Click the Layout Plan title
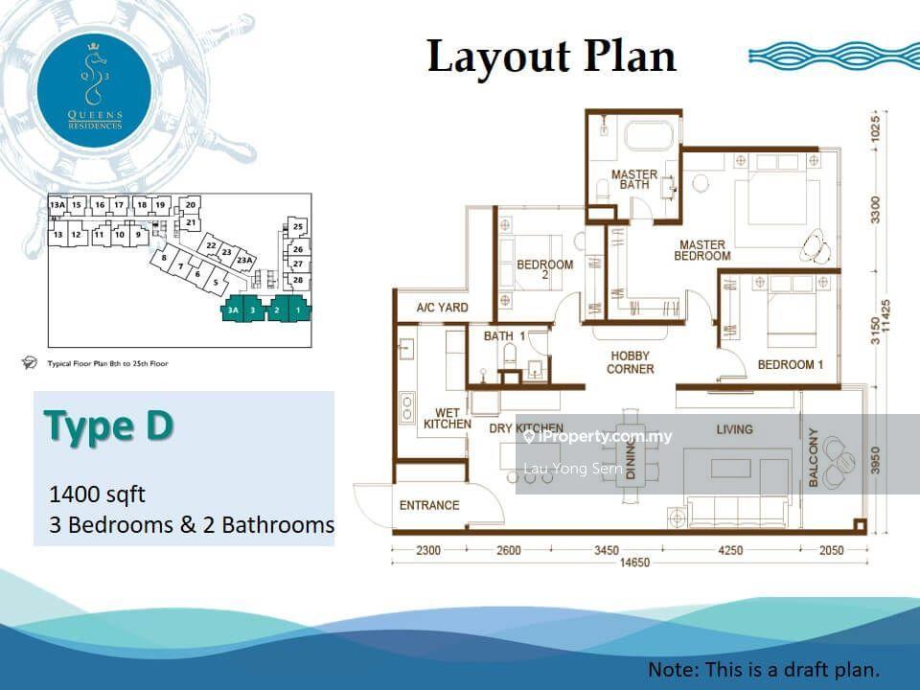click(x=551, y=57)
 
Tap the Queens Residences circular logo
click(x=94, y=84)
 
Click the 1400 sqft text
click(x=97, y=494)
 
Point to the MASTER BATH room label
click(x=634, y=179)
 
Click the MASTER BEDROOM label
click(x=702, y=250)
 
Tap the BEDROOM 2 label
click(x=544, y=270)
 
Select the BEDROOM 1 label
click(x=791, y=365)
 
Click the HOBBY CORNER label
click(x=631, y=362)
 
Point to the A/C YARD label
click(x=442, y=308)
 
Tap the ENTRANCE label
click(x=429, y=505)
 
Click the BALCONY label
click(x=814, y=458)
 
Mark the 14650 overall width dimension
click(x=630, y=563)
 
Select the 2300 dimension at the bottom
click(x=428, y=550)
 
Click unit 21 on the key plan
click(x=192, y=223)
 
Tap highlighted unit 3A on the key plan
click(x=231, y=310)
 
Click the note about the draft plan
click(x=763, y=669)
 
